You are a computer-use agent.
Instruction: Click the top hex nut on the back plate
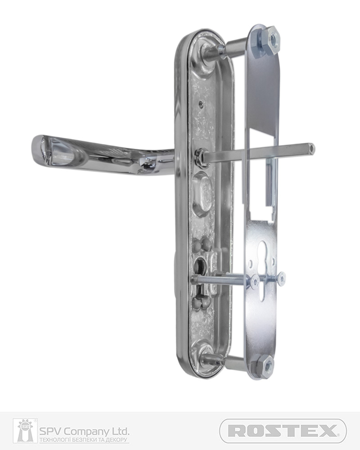click(x=272, y=38)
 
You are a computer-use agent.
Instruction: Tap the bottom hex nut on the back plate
click(x=266, y=367)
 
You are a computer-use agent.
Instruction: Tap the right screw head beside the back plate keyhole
click(x=280, y=278)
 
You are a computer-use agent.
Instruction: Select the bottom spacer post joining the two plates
click(x=236, y=363)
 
